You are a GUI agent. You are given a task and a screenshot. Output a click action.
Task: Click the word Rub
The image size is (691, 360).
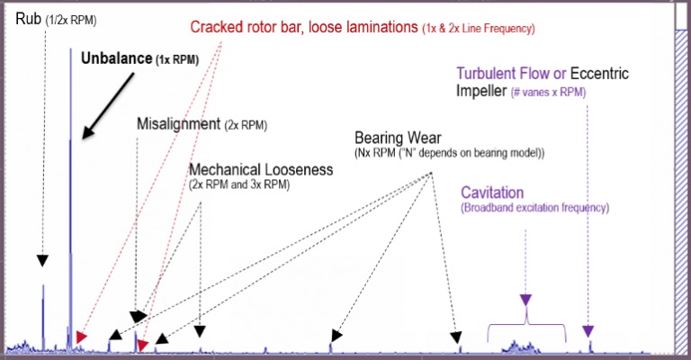click(28, 19)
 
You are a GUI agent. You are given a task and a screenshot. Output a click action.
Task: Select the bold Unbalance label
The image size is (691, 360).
click(116, 58)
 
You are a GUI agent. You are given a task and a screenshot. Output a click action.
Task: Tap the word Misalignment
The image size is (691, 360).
click(178, 124)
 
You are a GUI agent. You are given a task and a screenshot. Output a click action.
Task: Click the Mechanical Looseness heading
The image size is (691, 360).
click(261, 169)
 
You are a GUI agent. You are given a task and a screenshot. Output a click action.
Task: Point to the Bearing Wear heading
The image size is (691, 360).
click(398, 138)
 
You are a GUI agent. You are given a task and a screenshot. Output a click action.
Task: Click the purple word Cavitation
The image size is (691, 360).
click(492, 193)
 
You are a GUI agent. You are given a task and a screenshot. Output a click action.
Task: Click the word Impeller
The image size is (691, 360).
click(481, 91)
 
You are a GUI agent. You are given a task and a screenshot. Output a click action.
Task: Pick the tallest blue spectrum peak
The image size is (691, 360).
click(70, 198)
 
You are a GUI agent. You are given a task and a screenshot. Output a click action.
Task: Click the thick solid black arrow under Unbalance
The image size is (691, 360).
click(108, 106)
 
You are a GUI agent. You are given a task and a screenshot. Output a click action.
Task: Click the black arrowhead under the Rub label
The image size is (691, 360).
click(42, 260)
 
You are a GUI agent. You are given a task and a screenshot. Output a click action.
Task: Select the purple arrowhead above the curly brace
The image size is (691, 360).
click(525, 300)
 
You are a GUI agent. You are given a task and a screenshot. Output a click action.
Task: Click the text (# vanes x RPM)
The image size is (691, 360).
click(548, 93)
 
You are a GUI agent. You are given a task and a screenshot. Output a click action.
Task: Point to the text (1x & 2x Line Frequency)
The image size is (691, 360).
click(478, 29)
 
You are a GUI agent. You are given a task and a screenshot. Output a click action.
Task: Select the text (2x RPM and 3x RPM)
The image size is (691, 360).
click(239, 184)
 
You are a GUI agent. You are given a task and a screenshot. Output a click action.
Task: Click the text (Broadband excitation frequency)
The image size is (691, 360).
click(535, 208)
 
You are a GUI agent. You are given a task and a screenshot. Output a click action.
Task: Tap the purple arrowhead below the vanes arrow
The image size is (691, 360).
click(588, 331)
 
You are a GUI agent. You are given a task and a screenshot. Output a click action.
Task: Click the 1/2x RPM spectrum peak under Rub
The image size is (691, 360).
click(43, 318)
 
